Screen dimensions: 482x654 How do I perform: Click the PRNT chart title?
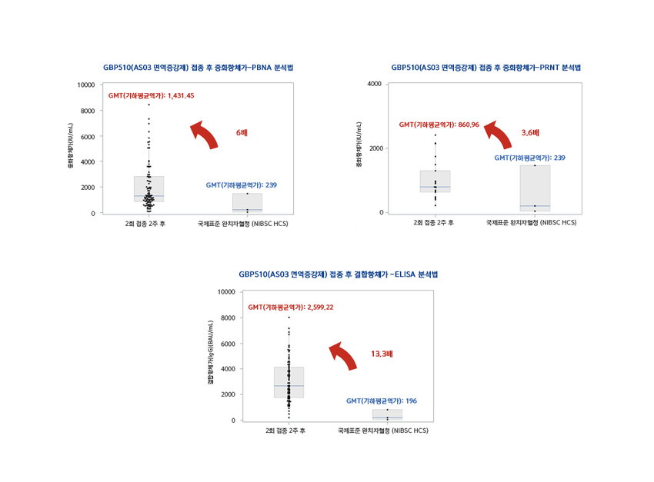[x=485, y=68]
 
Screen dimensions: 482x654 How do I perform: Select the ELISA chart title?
[x=339, y=274]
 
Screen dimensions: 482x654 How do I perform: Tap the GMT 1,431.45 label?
[x=151, y=96]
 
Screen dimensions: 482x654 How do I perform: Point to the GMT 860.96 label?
[x=439, y=125]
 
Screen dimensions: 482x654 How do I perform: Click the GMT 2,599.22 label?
[x=290, y=307]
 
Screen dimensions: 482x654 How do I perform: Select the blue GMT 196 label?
[x=382, y=401]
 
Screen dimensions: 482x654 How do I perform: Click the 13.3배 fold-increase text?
[x=382, y=354]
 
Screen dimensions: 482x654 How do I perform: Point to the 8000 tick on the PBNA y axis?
[x=88, y=111]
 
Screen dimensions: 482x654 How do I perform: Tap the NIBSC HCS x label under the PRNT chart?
[x=531, y=223]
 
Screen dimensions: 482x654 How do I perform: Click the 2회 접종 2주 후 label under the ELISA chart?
[x=285, y=431]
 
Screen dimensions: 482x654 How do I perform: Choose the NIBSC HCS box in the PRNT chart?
[x=535, y=188]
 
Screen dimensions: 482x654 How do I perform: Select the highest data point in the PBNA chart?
[x=148, y=105]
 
